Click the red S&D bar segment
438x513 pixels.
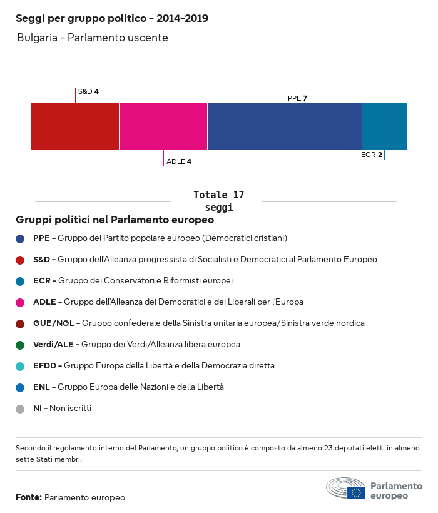[75, 126]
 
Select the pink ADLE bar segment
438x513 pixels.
[163, 126]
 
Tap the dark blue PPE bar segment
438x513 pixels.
[285, 126]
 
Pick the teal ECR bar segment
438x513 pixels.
[384, 126]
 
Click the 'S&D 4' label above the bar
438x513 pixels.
[88, 91]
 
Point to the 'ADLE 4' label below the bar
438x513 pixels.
[179, 161]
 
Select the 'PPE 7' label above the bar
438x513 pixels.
[297, 98]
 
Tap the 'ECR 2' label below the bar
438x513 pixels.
[372, 155]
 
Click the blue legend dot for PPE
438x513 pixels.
[20, 238]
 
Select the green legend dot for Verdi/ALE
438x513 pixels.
[20, 345]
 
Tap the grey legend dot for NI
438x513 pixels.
[20, 409]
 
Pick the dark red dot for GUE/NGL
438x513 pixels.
[20, 323]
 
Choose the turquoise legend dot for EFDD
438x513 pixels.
[20, 366]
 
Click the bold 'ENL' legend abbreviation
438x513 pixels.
[41, 387]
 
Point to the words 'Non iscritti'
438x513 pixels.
[71, 409]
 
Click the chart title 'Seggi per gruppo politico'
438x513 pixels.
[112, 19]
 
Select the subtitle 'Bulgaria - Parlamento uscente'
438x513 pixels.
[93, 38]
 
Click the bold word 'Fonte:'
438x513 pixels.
[29, 498]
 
